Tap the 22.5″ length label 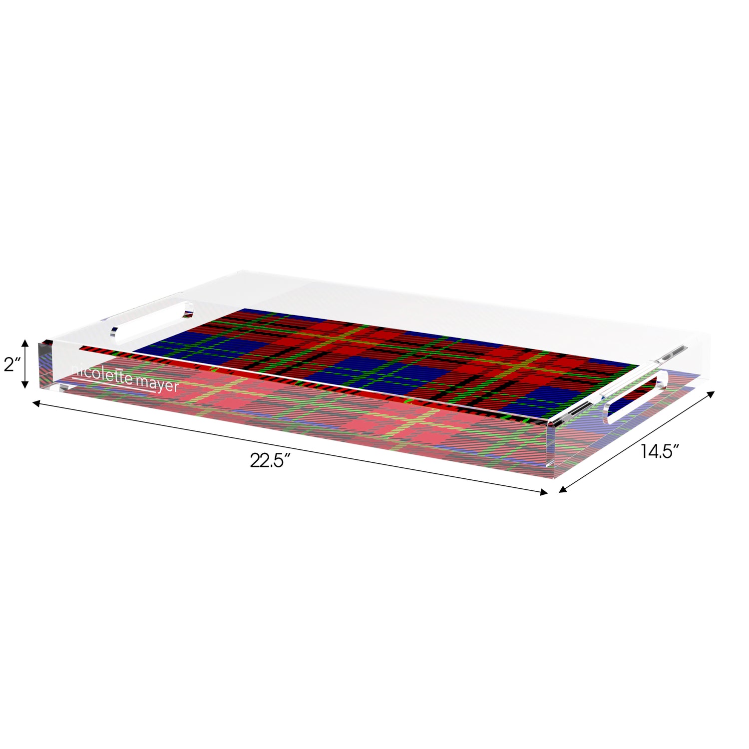pyautogui.click(x=270, y=460)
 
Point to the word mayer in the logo pyautogui.click(x=157, y=384)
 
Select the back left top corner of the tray pyautogui.click(x=240, y=273)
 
